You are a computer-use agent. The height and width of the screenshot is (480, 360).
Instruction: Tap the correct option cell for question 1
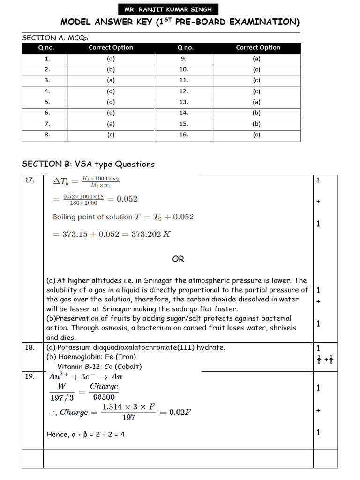coord(111,59)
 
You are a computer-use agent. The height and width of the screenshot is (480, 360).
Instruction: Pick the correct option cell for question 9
coord(256,59)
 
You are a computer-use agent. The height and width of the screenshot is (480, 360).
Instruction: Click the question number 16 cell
coord(183,135)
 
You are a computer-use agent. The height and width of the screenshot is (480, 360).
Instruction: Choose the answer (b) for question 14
coord(256,113)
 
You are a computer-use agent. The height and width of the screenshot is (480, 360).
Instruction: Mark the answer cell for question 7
coord(111,124)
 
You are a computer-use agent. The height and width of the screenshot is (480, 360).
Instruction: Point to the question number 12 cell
coord(183,91)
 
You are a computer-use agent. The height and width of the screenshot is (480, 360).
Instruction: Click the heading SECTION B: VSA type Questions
coord(88,164)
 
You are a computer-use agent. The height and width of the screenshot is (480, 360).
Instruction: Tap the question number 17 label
coord(29,180)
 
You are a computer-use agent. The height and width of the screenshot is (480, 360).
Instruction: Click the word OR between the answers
coord(178,259)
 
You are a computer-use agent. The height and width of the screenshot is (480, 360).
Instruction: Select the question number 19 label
coord(29,376)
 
